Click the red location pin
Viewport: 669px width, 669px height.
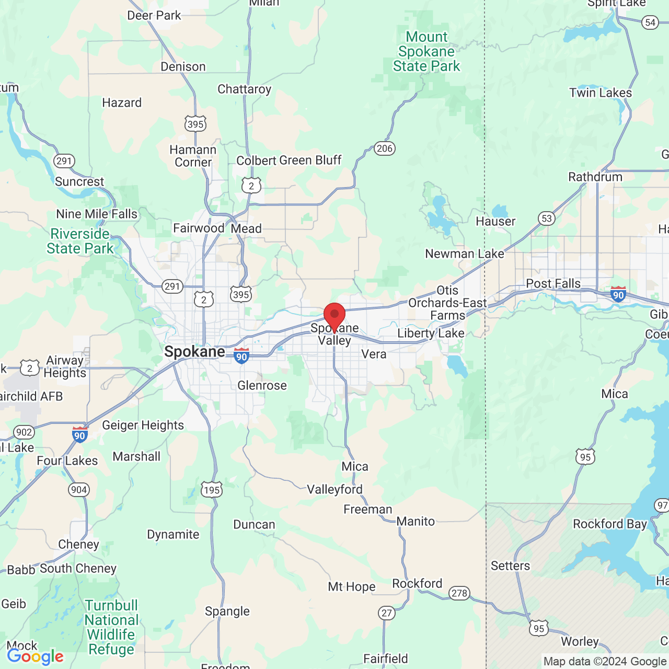[334, 316]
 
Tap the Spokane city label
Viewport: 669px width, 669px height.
[194, 352]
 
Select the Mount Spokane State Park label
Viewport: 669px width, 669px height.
[426, 52]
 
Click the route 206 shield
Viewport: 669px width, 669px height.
[384, 148]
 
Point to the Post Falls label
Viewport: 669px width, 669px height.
[553, 284]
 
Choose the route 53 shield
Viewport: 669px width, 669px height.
[547, 218]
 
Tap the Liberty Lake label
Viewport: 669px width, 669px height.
[431, 333]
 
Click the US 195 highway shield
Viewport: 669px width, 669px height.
[212, 490]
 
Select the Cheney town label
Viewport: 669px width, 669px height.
[78, 545]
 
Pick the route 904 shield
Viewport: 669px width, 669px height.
[79, 490]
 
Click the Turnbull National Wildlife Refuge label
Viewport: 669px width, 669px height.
[111, 627]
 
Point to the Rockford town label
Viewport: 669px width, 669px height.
[417, 584]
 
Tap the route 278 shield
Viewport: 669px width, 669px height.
[459, 593]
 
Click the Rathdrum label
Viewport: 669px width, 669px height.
[595, 177]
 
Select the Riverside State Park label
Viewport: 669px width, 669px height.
[80, 241]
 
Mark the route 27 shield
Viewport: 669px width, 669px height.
[387, 613]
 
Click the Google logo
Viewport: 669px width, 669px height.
[36, 656]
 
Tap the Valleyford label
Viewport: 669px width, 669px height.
[334, 490]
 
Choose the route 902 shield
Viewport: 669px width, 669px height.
[24, 432]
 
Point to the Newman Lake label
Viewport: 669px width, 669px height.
[464, 254]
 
